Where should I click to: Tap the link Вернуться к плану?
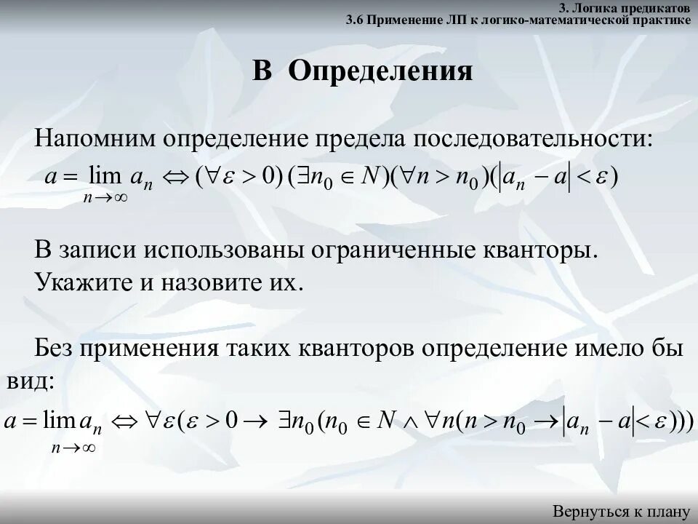(x=621, y=511)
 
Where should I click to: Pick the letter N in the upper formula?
(x=373, y=178)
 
